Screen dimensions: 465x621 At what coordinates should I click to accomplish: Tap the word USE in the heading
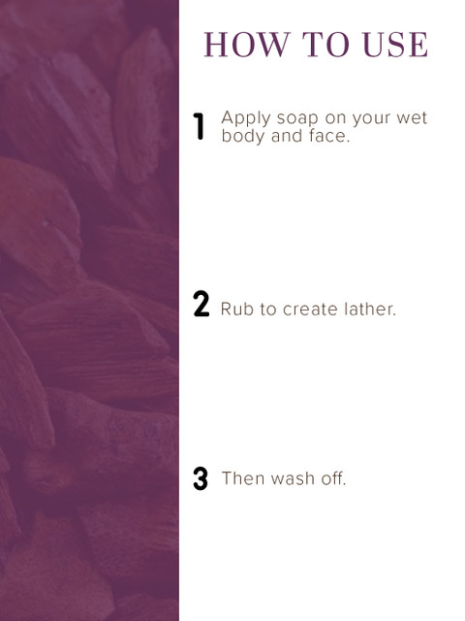[x=395, y=45]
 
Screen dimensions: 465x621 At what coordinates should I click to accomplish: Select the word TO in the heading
[x=326, y=45]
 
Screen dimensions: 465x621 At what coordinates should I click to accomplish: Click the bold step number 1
[x=199, y=126]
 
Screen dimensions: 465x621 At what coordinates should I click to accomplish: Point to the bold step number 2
[x=201, y=304]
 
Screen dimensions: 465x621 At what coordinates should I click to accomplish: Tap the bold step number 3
[x=201, y=478]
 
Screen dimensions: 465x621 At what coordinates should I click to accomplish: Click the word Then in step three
[x=243, y=478]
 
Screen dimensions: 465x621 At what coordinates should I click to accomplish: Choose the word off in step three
[x=331, y=478]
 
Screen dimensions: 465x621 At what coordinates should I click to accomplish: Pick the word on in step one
[x=336, y=118]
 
